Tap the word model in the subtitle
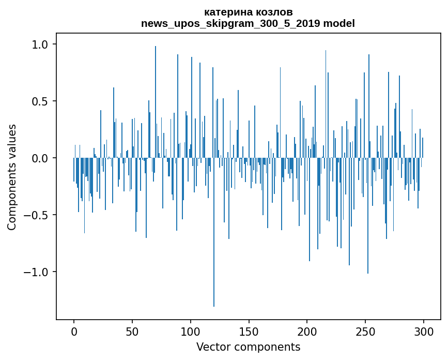point(340,24)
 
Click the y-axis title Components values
point(12,177)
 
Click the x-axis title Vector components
point(248,347)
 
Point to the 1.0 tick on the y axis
point(40,44)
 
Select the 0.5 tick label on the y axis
point(40,101)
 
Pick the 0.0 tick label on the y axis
point(40,158)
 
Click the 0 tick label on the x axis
point(74,331)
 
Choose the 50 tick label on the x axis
point(132,331)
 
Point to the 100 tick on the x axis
point(191,331)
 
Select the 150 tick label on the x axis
point(249,331)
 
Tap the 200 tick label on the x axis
point(307,331)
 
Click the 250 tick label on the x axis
point(366,331)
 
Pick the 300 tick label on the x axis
point(424,331)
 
